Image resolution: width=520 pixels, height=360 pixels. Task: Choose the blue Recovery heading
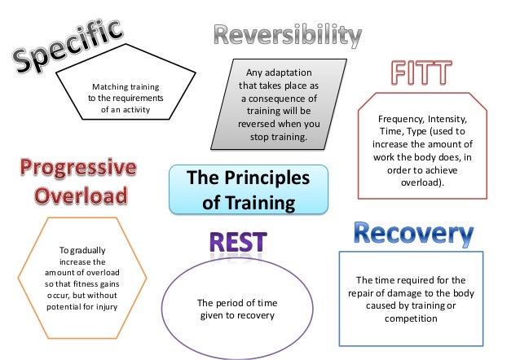point(413,235)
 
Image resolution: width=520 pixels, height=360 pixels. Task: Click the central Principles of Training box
point(249,189)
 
